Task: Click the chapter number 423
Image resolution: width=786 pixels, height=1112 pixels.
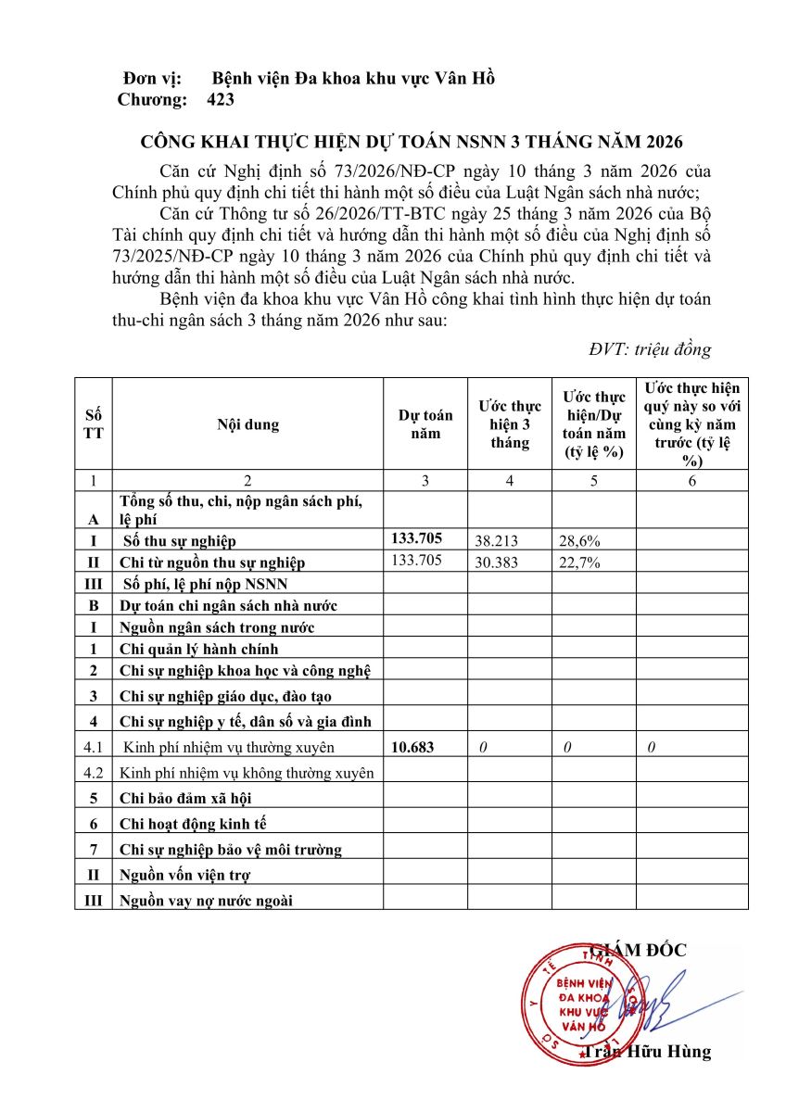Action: (222, 99)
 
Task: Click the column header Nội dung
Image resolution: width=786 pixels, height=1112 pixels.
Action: (247, 424)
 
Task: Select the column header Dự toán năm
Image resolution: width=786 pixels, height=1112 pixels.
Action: (425, 424)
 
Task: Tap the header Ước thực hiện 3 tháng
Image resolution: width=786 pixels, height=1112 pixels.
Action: (510, 424)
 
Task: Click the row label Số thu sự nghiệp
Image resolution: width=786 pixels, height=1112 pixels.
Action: (180, 540)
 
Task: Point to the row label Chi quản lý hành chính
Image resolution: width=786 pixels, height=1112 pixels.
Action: (199, 649)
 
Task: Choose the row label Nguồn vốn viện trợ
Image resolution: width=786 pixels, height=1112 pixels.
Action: (185, 875)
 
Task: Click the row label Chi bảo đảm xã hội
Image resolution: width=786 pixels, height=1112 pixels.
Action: (185, 798)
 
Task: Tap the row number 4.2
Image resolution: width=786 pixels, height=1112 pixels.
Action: (93, 772)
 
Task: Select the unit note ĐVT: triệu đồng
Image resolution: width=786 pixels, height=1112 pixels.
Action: (650, 349)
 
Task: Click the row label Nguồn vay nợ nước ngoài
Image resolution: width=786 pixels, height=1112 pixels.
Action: (206, 899)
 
